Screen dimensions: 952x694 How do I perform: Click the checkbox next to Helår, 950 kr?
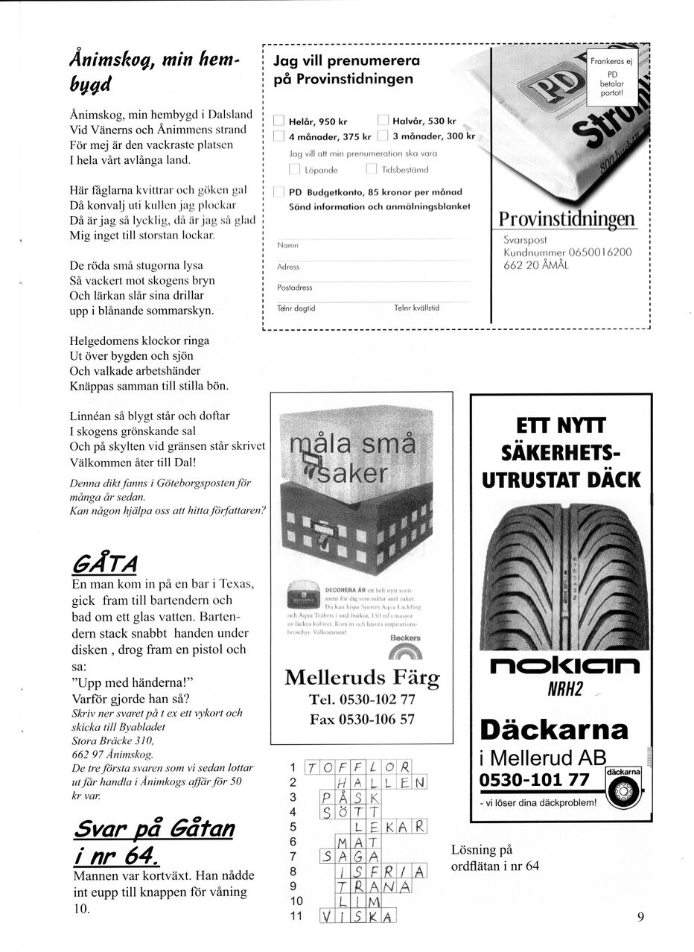[278, 121]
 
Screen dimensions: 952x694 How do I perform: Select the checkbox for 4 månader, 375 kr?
[278, 136]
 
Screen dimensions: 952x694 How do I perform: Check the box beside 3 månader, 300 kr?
[383, 136]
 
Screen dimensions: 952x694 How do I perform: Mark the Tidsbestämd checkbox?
[372, 169]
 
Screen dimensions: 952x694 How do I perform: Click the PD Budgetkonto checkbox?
[278, 192]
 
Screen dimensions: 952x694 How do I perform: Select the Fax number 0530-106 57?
[362, 720]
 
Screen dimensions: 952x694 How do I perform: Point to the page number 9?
[640, 917]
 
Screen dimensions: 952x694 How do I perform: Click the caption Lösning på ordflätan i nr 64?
[495, 857]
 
